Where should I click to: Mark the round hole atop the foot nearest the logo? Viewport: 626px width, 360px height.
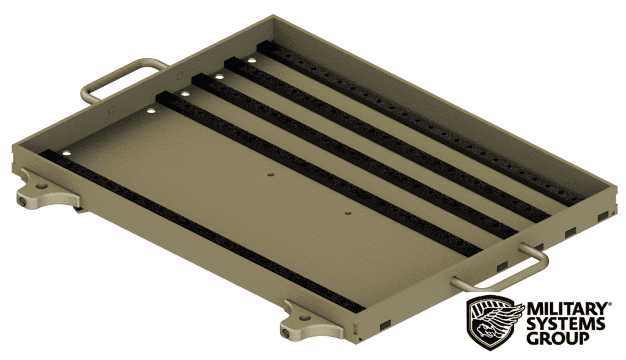[x=303, y=315]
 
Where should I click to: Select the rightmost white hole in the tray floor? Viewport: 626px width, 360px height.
[x=251, y=61]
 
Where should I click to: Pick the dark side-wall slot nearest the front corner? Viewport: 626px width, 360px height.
[x=385, y=323]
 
